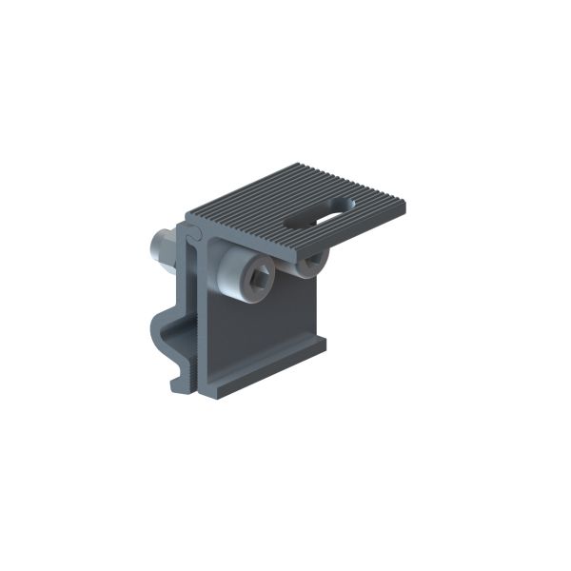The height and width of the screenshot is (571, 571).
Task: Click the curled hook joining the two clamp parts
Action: tap(194, 233)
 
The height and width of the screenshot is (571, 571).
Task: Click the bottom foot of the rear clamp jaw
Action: tap(179, 385)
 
